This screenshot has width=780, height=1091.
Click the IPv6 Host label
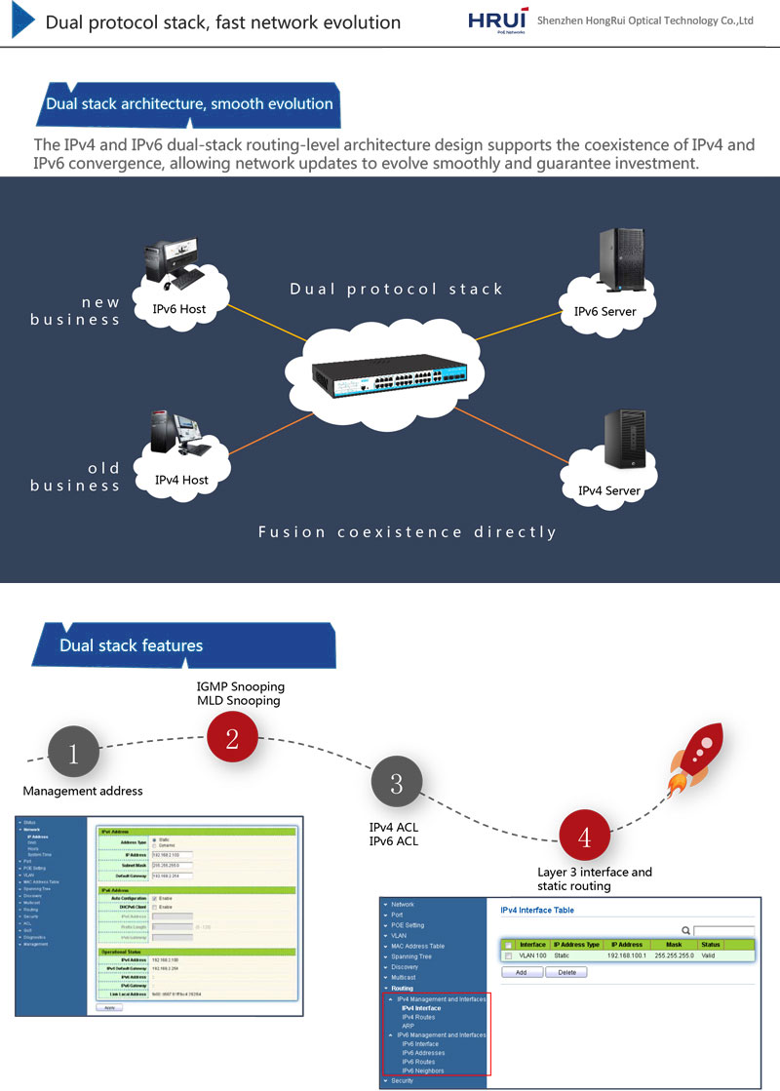coord(179,309)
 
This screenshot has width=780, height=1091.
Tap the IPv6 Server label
coord(604,312)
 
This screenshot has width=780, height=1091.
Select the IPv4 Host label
coord(181,480)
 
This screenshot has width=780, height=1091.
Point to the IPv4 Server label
coord(608,490)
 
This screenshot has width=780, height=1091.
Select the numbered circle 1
coord(77,753)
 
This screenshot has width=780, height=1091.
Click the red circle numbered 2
coord(232,738)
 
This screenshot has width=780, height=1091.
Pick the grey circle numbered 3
coord(396,783)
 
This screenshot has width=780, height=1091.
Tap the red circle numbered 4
coord(584,838)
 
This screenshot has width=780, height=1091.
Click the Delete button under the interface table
coord(565,972)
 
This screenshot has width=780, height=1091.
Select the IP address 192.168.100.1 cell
coord(628,956)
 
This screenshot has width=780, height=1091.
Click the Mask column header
coord(674,945)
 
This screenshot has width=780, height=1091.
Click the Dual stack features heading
coord(131,645)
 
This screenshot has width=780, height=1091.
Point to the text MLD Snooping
coord(238,700)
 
